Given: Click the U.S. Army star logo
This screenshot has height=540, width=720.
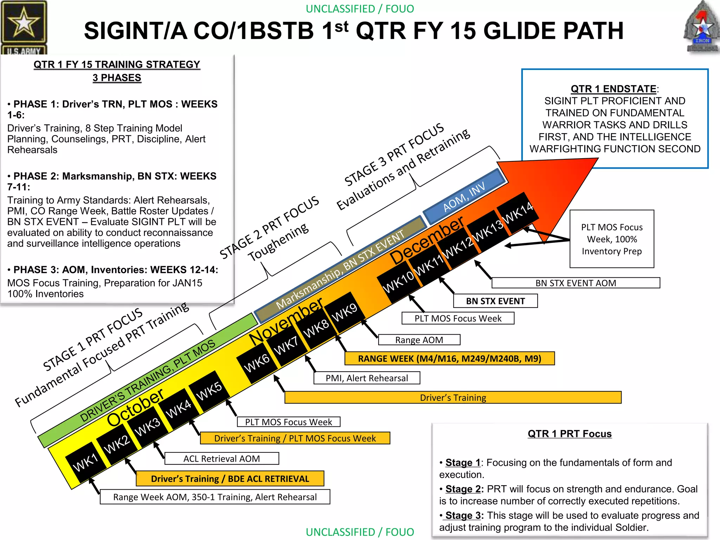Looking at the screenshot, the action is coord(24,25).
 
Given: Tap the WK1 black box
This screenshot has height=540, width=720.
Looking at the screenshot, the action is coord(85,462).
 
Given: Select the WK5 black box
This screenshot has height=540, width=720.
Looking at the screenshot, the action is coord(209,391).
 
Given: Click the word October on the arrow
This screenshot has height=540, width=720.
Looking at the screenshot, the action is coord(135,408).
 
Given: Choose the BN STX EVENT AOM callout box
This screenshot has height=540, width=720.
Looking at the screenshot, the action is coord(576,283).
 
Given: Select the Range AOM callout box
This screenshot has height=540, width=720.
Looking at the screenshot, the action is coord(419,340).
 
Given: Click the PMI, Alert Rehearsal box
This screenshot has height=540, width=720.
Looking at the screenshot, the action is coord(367,378).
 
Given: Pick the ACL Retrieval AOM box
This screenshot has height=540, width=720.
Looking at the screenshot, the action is coord(221,459).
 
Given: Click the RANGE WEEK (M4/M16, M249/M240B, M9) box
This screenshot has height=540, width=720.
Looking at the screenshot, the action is coord(449,359).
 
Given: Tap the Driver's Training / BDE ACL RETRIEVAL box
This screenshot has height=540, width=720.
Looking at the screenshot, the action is coord(230,479).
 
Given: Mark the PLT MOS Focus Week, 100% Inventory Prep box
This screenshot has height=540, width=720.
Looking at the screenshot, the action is coord(612,239).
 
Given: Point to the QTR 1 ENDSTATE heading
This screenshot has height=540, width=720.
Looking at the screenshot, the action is coord(613,89).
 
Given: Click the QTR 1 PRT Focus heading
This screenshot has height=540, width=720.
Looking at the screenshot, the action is coord(570,434).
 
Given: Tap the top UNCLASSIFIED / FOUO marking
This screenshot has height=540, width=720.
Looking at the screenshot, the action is coord(360,9).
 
